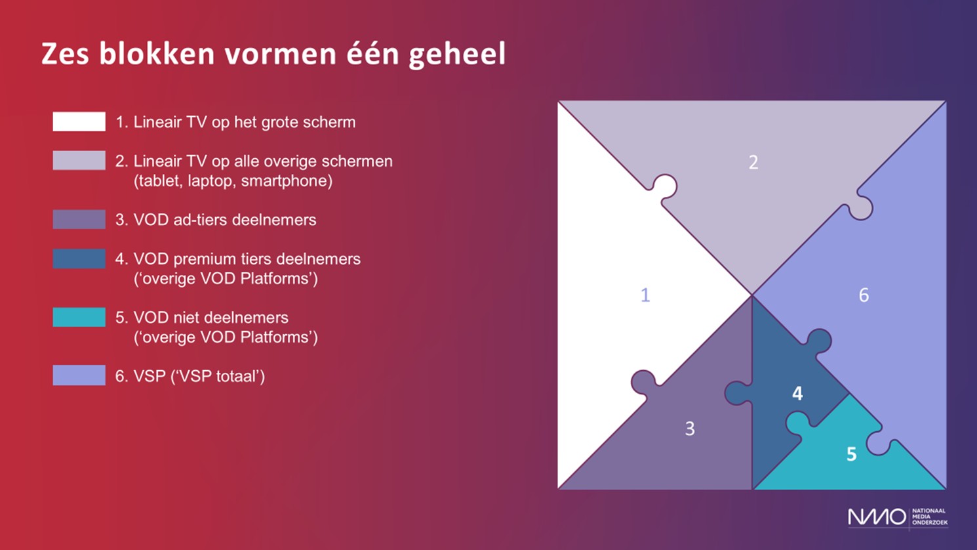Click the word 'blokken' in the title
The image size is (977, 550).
pos(157,54)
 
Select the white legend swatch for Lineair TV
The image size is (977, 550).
pos(79,121)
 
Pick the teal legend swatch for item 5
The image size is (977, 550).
pos(79,317)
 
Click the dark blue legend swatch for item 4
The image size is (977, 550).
pos(79,259)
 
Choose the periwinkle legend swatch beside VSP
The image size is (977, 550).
pos(79,375)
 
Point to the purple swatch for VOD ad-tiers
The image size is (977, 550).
pos(79,219)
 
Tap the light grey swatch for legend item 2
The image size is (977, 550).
pos(79,160)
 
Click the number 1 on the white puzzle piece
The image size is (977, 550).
pos(645,295)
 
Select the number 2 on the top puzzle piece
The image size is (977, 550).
pos(753,162)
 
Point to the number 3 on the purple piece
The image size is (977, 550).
pos(690,429)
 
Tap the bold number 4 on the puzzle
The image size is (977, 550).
pos(797,394)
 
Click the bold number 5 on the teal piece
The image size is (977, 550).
pos(851,454)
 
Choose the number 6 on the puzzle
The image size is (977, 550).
pos(864,295)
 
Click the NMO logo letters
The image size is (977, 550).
pos(877,517)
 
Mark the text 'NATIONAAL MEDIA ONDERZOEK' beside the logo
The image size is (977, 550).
pos(929,517)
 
